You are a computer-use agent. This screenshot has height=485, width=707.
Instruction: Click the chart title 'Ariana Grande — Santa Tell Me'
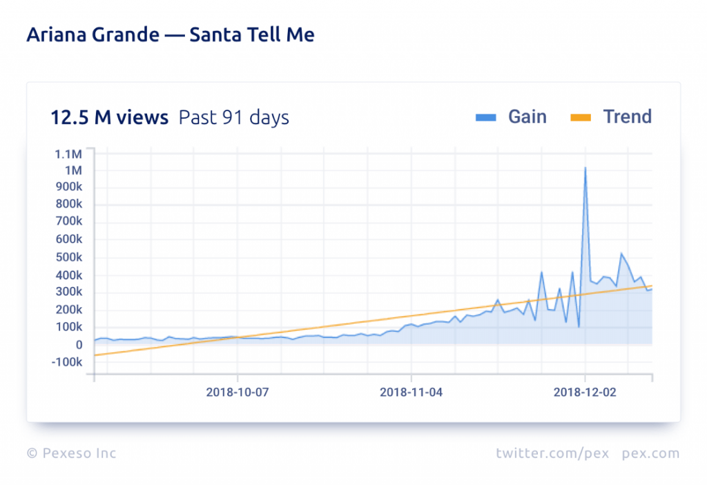point(170,34)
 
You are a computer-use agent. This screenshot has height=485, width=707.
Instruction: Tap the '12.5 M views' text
point(109,118)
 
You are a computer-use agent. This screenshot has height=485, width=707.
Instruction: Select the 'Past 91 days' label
point(234,118)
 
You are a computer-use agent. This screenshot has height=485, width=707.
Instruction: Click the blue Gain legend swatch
point(486,118)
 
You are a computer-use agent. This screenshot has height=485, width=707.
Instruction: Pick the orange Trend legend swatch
point(581,118)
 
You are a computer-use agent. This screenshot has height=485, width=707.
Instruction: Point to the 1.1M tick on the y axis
point(68,153)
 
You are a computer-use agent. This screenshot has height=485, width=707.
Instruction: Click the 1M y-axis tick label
point(72,170)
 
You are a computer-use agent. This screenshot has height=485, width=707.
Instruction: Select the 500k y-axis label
point(69,257)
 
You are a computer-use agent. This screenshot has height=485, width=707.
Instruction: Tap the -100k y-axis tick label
point(67,362)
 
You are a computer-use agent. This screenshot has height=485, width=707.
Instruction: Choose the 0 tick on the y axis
point(79,345)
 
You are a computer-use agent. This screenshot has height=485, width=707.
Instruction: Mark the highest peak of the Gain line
point(585,168)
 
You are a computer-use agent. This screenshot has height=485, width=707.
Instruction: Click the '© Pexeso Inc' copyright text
point(72,453)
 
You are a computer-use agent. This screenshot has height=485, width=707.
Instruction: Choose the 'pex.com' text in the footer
point(650,453)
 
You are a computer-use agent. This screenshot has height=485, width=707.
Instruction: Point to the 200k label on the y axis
point(69,310)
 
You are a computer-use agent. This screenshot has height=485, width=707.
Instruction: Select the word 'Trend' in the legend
point(627,117)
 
